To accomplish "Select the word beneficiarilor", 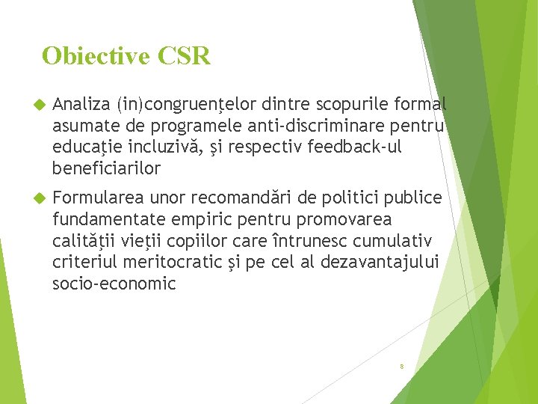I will (x=107, y=169).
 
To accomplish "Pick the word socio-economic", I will (x=114, y=285).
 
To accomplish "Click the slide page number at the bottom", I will (x=402, y=367).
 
